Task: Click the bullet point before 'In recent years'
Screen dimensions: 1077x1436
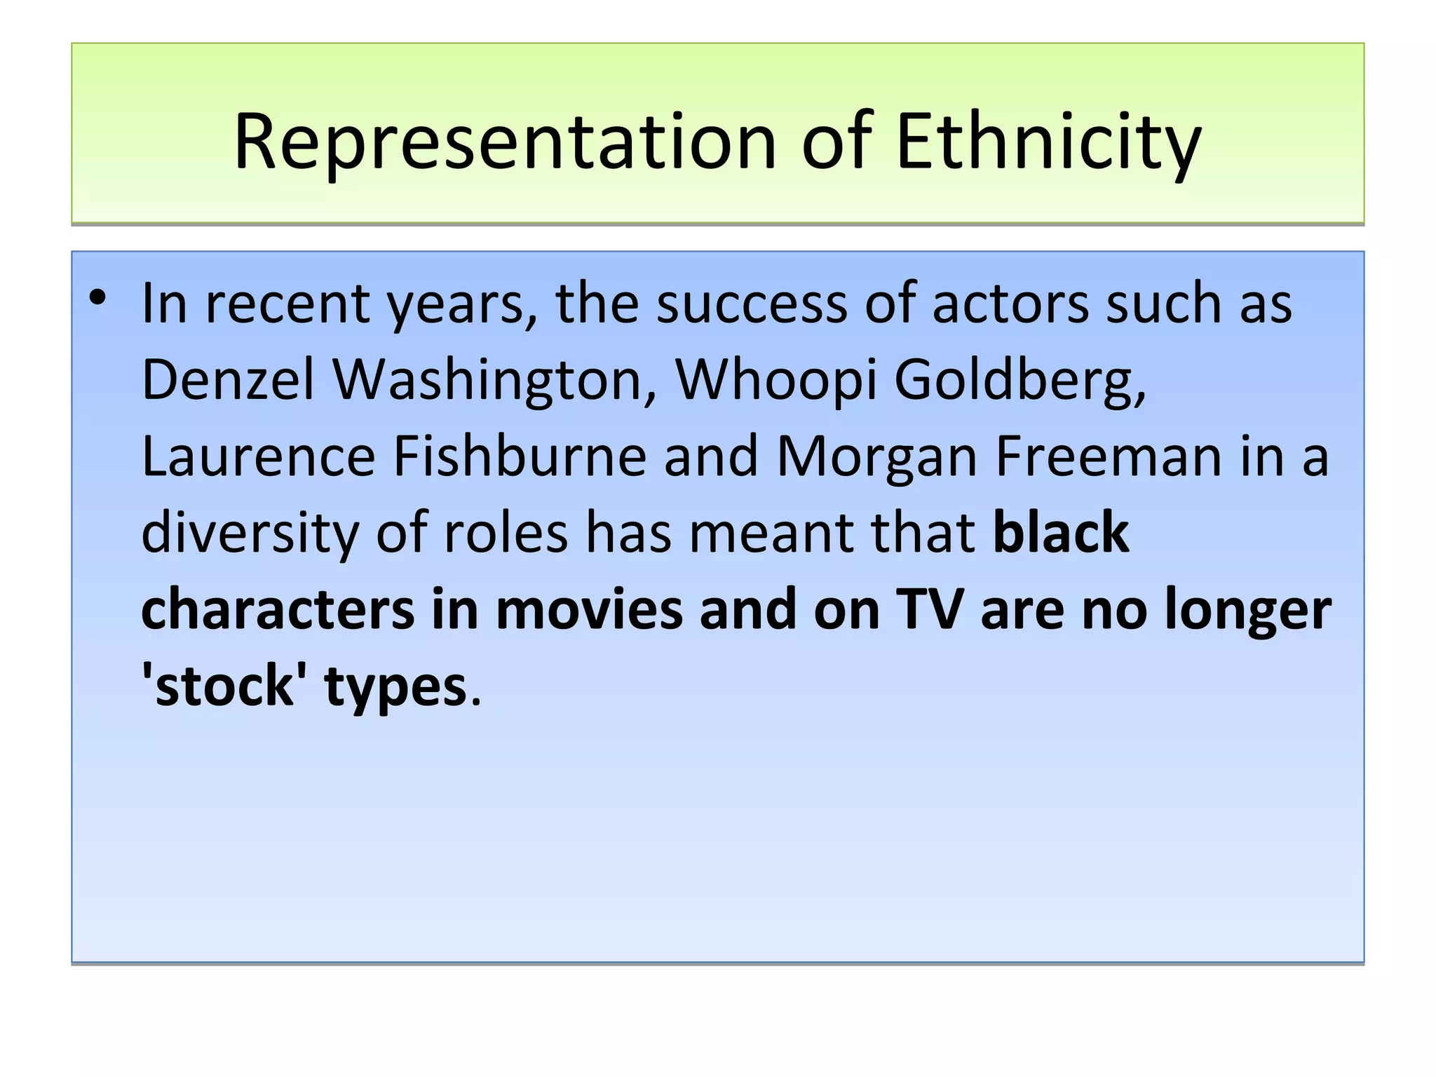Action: [x=97, y=299]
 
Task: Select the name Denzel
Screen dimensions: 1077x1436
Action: [x=228, y=379]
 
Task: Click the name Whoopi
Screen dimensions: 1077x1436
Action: [x=775, y=379]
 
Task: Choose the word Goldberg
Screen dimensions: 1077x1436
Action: [x=1020, y=379]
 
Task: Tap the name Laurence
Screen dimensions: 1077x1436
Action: [x=259, y=456]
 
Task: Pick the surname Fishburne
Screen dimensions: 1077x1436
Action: [x=520, y=456]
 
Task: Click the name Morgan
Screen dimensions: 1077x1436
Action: [x=877, y=456]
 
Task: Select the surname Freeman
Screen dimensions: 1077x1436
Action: [x=1109, y=456]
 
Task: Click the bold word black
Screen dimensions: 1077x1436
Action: [x=1061, y=533]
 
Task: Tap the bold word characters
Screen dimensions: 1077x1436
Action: [x=278, y=609]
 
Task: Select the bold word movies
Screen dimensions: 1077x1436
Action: [x=589, y=609]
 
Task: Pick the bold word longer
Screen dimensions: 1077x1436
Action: [x=1247, y=609]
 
